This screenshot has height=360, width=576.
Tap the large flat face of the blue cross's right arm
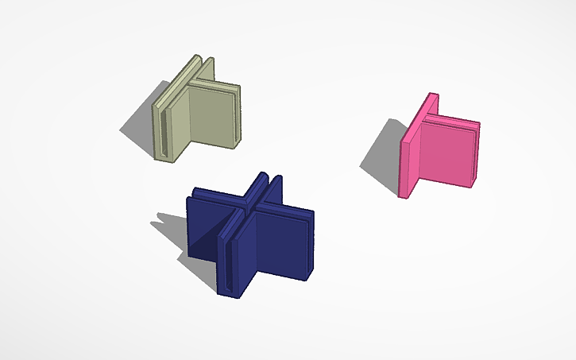pyautogui.click(x=274, y=246)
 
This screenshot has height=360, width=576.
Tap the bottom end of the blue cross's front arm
pyautogui.click(x=231, y=292)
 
